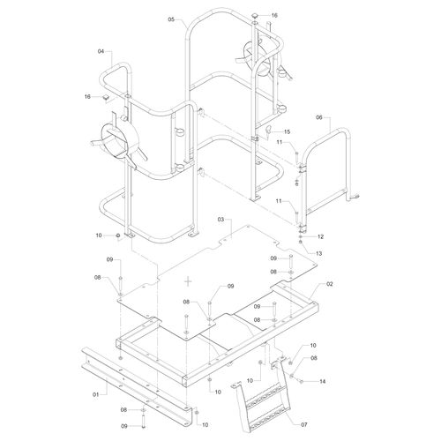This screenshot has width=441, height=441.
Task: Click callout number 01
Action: (x=96, y=394)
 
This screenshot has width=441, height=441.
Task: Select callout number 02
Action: (x=330, y=284)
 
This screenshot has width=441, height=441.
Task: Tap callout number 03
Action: (x=220, y=220)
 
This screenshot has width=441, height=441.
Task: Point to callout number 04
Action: (x=101, y=51)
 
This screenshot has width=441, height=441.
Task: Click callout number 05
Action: (x=171, y=19)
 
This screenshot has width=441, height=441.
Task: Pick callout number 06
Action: (x=319, y=117)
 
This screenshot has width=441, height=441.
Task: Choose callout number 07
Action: (x=304, y=424)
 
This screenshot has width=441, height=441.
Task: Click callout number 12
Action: (x=320, y=236)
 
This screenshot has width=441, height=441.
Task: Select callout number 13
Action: (x=318, y=253)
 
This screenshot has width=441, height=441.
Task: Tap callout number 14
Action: (x=322, y=381)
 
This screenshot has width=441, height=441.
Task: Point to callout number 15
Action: (x=287, y=131)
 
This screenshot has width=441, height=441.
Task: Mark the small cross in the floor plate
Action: (x=188, y=281)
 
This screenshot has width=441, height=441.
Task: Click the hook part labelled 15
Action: (x=268, y=130)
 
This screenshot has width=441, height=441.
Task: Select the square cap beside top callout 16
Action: (x=255, y=16)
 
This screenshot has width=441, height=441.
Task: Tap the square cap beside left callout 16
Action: (x=106, y=97)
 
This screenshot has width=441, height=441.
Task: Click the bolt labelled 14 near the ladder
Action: (x=301, y=381)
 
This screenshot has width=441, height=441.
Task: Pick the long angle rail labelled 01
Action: (x=137, y=386)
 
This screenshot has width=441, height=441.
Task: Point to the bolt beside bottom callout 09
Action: (x=143, y=422)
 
